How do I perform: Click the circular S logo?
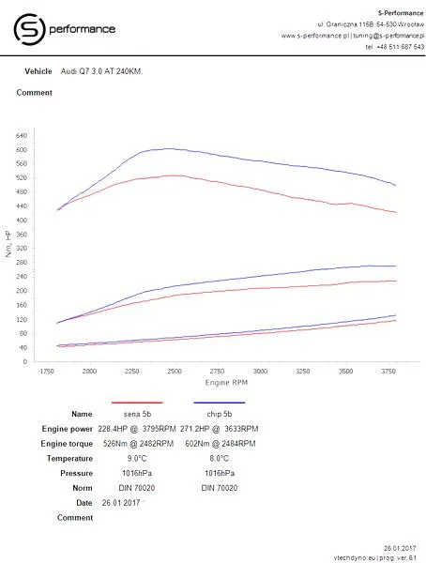[x=29, y=29]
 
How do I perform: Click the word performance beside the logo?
[x=83, y=29]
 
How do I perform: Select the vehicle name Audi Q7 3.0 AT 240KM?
[x=101, y=71]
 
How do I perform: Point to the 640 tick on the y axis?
[x=22, y=136]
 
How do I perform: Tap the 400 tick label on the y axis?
[x=22, y=221]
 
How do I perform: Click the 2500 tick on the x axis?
[x=175, y=371]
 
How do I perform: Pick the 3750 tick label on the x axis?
[x=388, y=371]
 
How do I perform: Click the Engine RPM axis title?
[x=226, y=383]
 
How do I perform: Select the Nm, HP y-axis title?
[x=8, y=244]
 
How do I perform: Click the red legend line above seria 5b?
[x=137, y=403]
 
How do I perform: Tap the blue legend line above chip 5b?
[x=220, y=403]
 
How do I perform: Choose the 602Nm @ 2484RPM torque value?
[x=221, y=444]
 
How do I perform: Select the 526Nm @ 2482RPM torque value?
[x=138, y=444]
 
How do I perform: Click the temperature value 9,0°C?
[x=137, y=459]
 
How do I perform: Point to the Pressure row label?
[x=77, y=473]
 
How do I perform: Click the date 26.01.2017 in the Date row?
[x=121, y=503]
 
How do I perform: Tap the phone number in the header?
[x=395, y=47]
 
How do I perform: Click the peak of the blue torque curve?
[x=169, y=148]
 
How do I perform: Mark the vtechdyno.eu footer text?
[x=374, y=557]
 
